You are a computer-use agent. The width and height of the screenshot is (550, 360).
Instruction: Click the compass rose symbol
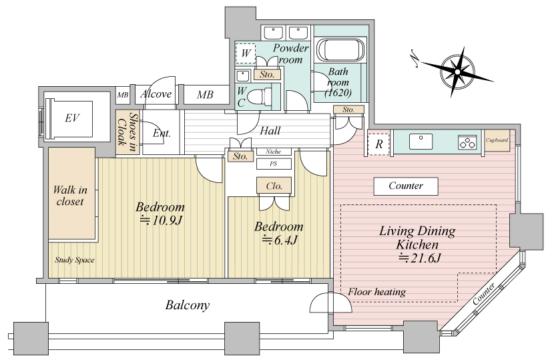457,71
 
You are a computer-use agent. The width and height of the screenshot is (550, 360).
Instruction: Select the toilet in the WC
259,96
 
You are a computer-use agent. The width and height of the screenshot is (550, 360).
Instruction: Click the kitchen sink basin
421,142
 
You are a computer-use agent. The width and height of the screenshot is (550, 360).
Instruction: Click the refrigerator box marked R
379,144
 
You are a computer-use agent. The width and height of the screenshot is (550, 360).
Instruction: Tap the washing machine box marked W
246,53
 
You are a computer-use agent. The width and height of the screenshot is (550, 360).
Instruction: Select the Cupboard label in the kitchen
497,140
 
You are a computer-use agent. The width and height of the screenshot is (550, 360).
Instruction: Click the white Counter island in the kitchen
406,186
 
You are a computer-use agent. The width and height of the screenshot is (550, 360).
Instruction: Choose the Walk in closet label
70,196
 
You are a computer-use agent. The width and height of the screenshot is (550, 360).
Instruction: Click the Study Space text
74,260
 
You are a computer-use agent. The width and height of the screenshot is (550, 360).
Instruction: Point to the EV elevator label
72,118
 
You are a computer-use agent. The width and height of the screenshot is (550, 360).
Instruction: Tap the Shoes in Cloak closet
127,132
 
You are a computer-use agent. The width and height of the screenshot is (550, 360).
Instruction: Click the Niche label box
274,152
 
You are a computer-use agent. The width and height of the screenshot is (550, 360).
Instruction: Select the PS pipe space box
274,164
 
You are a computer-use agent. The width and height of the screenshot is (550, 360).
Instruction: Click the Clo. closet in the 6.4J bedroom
274,186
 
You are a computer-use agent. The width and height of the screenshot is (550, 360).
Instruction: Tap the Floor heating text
377,292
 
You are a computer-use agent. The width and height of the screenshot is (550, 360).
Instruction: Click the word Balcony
188,305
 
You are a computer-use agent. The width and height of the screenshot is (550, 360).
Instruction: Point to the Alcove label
156,94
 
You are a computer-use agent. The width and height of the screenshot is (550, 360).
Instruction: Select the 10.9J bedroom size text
161,220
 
